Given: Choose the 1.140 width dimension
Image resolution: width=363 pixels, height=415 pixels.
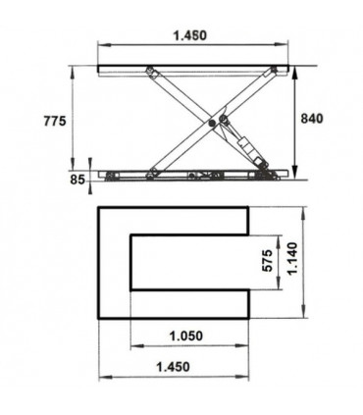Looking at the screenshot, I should pos(292,261).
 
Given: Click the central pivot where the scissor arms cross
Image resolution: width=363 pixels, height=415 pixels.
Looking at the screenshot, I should pos(214,123).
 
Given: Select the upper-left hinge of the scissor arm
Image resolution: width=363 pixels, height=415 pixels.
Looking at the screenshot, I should pos(151,73).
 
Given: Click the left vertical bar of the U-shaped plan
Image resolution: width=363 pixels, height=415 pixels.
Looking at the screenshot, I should pos(115,262).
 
